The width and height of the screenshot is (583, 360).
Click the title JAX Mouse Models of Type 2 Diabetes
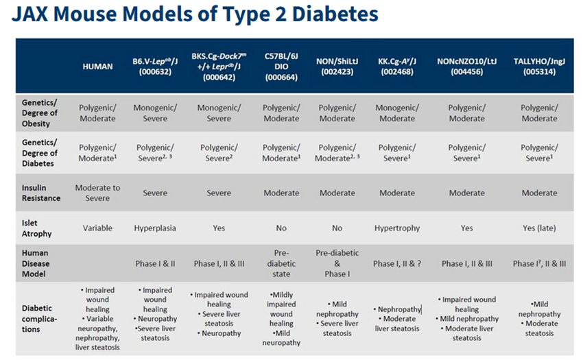[x=195, y=13]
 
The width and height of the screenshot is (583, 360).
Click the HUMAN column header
[x=97, y=66]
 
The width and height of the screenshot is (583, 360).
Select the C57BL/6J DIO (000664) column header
[x=281, y=66]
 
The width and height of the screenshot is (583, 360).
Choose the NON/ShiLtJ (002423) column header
[x=337, y=66]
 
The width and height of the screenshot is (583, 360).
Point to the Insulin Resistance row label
[x=40, y=193]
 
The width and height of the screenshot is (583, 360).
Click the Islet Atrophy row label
[x=36, y=228]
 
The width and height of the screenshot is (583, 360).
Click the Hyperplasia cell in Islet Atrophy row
[x=155, y=228]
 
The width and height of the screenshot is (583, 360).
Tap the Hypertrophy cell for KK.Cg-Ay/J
[x=397, y=228]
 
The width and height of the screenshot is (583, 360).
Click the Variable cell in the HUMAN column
[x=97, y=228]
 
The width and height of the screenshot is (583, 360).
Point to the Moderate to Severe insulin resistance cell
[x=97, y=193]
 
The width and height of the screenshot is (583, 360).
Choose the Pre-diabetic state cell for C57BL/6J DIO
[x=281, y=263]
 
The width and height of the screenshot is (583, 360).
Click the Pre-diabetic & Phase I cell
[x=337, y=263]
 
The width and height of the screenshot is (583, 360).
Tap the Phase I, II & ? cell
[x=397, y=263]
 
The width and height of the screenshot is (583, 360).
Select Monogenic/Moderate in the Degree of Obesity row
[x=397, y=113]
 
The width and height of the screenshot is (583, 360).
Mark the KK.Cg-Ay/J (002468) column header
[x=397, y=66]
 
